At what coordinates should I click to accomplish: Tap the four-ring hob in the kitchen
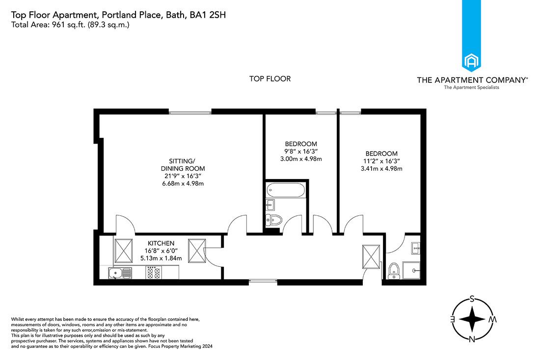click(153, 273)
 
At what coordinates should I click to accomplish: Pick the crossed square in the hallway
click(371, 257)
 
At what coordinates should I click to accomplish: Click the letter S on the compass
click(472, 298)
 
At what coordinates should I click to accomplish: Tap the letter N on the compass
click(472, 339)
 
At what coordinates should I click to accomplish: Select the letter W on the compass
click(492, 319)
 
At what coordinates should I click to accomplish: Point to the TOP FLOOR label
click(270, 78)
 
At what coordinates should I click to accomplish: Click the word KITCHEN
click(161, 243)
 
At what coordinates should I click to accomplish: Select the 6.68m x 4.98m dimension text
click(183, 183)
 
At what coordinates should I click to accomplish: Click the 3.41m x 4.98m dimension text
click(381, 169)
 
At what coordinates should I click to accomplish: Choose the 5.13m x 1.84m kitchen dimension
click(161, 258)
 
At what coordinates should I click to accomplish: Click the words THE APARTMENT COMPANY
click(471, 79)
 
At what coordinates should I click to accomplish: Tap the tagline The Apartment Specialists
click(471, 87)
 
